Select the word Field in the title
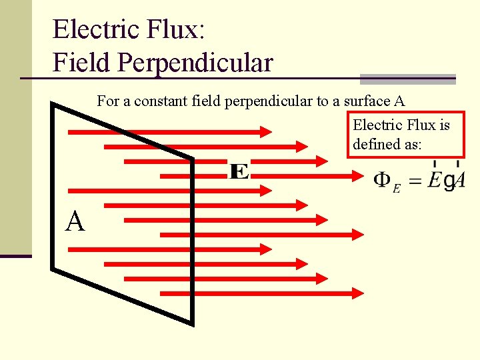[81, 63]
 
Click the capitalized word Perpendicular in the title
[194, 63]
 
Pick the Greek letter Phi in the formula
[382, 180]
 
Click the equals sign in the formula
[415, 181]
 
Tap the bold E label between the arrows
[239, 171]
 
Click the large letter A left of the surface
[75, 221]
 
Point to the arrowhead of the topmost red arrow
[266, 131]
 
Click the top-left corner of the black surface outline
[53, 105]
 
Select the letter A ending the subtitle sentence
[399, 101]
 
